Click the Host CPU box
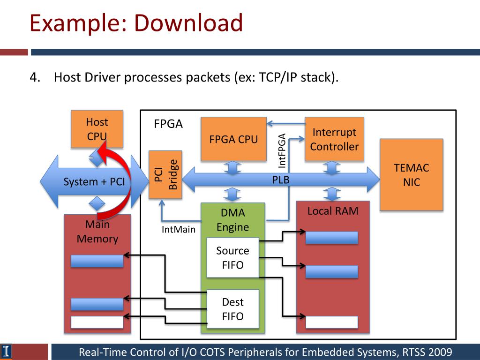(x=97, y=129)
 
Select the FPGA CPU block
(x=233, y=139)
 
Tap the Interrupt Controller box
(x=334, y=139)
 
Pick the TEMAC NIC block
(x=412, y=175)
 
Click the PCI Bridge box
(x=165, y=175)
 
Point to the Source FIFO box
(x=232, y=257)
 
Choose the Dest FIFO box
(x=232, y=309)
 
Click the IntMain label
(x=179, y=229)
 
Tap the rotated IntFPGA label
(x=282, y=150)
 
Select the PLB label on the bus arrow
(x=281, y=180)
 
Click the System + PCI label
(x=94, y=182)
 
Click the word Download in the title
(x=188, y=23)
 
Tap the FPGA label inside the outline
(x=168, y=124)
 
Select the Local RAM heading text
(x=333, y=211)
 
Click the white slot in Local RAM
(x=332, y=322)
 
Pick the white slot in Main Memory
(x=97, y=322)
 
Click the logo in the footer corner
(x=6, y=352)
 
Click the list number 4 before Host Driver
(x=35, y=77)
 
